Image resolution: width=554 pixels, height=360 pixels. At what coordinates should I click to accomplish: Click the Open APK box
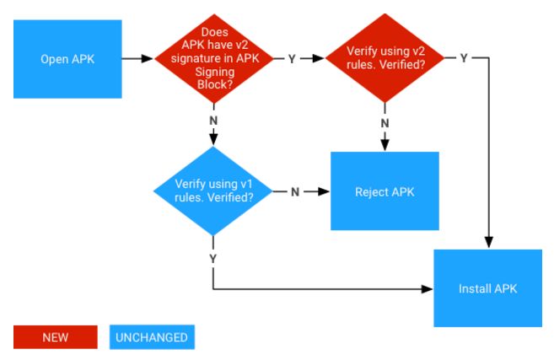pyautogui.click(x=67, y=59)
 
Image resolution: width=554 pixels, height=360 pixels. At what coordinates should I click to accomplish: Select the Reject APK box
pyautogui.click(x=385, y=191)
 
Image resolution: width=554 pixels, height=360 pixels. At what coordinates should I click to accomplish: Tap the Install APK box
pyautogui.click(x=487, y=288)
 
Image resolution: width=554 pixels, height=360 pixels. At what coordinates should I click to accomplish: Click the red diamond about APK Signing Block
pyautogui.click(x=216, y=59)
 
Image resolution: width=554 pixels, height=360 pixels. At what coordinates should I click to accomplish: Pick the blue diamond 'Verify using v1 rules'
pyautogui.click(x=214, y=191)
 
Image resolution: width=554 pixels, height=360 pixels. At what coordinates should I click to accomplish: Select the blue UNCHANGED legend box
pyautogui.click(x=152, y=337)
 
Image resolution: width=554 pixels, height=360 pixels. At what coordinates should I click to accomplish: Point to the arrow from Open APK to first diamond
pyautogui.click(x=135, y=59)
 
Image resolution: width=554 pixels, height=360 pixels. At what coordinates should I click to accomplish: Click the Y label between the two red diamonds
pyautogui.click(x=292, y=59)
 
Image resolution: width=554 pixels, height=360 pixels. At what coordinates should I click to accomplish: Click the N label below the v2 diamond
pyautogui.click(x=385, y=122)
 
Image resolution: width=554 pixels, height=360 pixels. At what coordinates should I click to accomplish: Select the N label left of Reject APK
pyautogui.click(x=295, y=191)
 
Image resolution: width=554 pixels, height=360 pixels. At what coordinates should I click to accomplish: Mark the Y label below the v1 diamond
pyautogui.click(x=213, y=256)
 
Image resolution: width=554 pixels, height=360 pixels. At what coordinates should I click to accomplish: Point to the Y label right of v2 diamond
pyautogui.click(x=463, y=58)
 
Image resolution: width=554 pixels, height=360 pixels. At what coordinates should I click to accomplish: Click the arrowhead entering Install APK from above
pyautogui.click(x=487, y=244)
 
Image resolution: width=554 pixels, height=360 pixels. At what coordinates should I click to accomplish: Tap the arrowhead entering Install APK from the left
pyautogui.click(x=428, y=288)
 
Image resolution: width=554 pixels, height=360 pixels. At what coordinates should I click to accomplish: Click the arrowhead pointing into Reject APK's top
pyautogui.click(x=385, y=146)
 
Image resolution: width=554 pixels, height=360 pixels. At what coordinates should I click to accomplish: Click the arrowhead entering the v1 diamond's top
pyautogui.click(x=216, y=141)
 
